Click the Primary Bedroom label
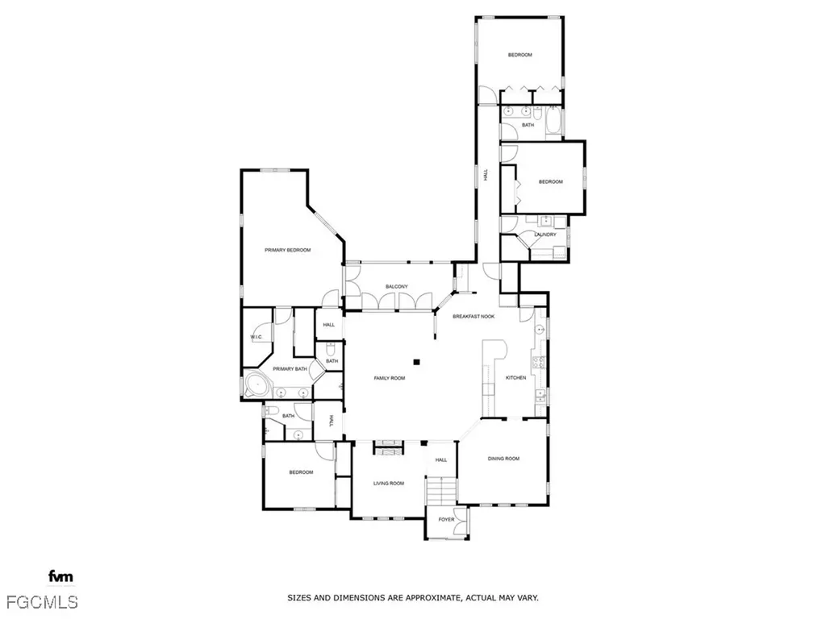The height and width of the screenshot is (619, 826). [x=287, y=251]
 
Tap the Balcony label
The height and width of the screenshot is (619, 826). [x=396, y=287]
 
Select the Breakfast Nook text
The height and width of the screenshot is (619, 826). [x=473, y=317]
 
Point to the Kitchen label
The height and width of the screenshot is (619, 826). [x=515, y=378]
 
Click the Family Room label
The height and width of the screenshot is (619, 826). [x=389, y=378]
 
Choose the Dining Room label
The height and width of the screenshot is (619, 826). [x=503, y=459]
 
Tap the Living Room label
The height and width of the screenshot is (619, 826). [x=387, y=484]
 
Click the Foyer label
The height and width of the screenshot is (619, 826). [x=446, y=520]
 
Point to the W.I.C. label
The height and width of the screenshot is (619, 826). [x=256, y=337]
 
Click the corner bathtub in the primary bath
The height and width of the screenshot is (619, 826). [x=257, y=384]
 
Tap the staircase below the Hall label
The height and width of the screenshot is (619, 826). [x=441, y=489]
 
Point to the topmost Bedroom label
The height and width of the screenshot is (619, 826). [x=519, y=55]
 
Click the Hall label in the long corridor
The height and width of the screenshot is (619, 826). [x=486, y=173]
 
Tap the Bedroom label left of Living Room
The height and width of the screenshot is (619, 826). [x=301, y=472]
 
